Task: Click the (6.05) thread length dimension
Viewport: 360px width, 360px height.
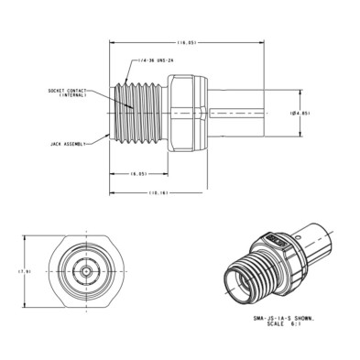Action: coord(139,173)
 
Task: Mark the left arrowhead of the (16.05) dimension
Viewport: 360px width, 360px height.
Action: coord(111,41)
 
